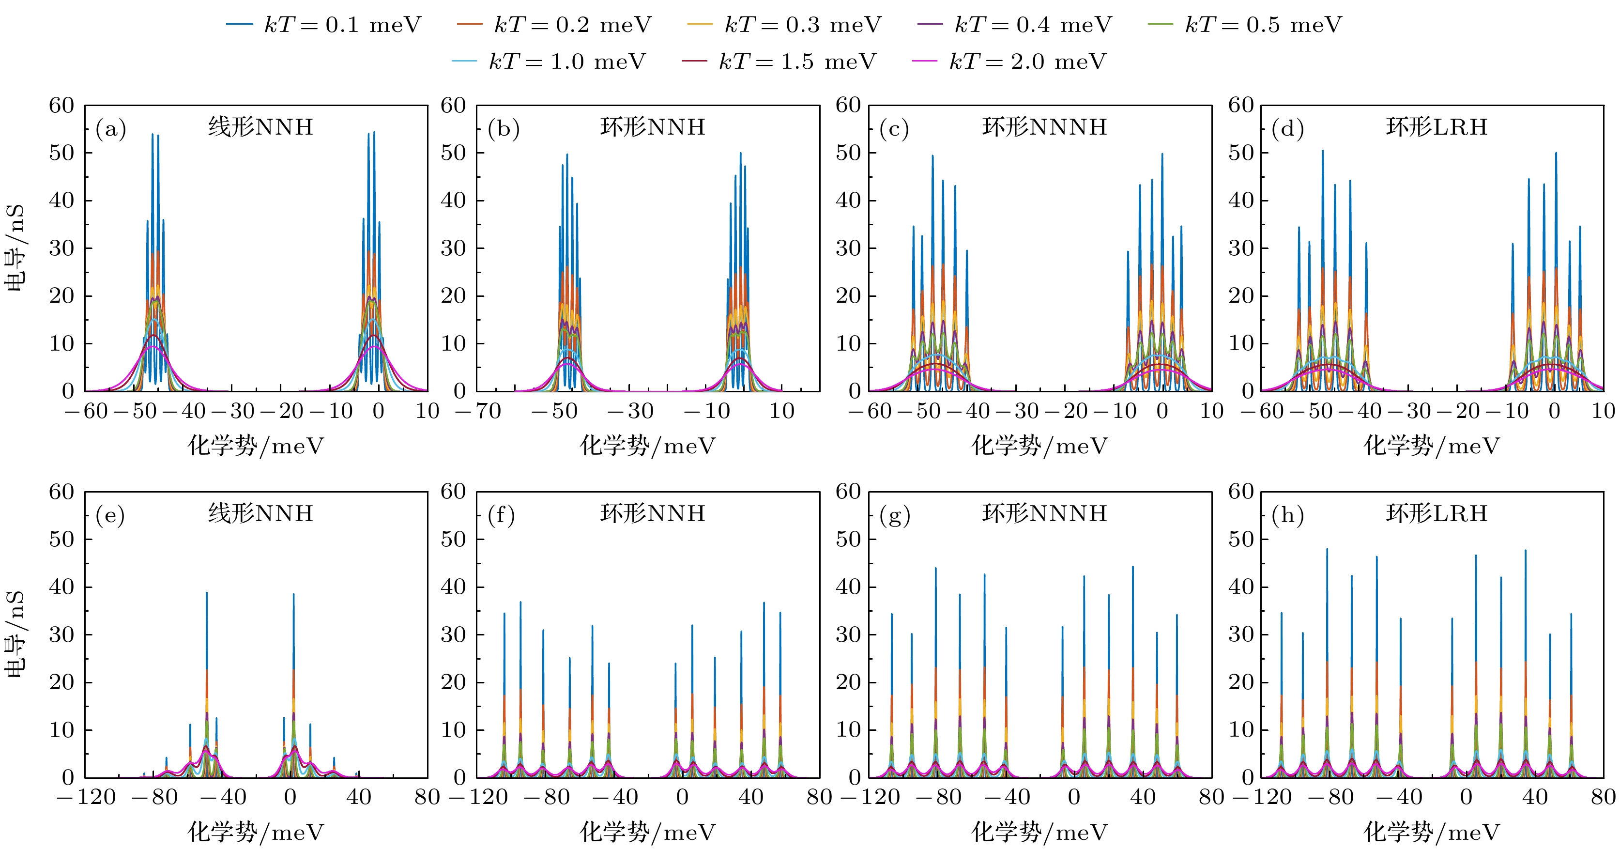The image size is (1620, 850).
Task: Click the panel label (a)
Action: pos(111,130)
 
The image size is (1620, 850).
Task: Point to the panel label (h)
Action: pos(1287,516)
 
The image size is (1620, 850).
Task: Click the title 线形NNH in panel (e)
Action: pos(260,513)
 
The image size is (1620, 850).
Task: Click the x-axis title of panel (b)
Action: pos(647,446)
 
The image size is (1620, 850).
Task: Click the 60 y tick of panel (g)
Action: pos(849,492)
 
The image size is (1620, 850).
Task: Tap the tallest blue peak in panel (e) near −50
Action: pos(206,593)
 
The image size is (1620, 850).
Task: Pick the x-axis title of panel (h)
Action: pos(1431,833)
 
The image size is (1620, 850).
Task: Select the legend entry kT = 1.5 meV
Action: pos(797,62)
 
